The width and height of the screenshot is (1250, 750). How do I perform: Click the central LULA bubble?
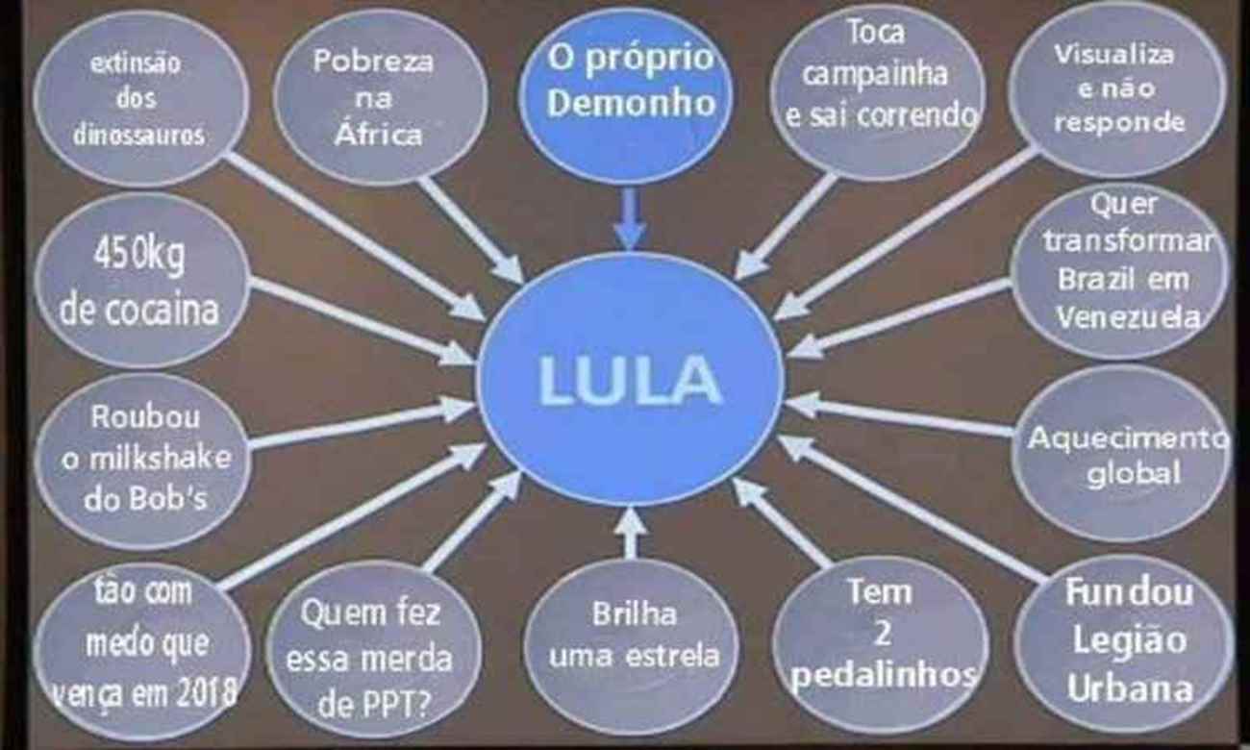[631, 379]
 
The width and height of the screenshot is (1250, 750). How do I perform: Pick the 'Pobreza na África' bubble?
[379, 96]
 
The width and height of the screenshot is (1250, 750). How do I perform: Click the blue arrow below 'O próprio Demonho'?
[630, 217]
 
